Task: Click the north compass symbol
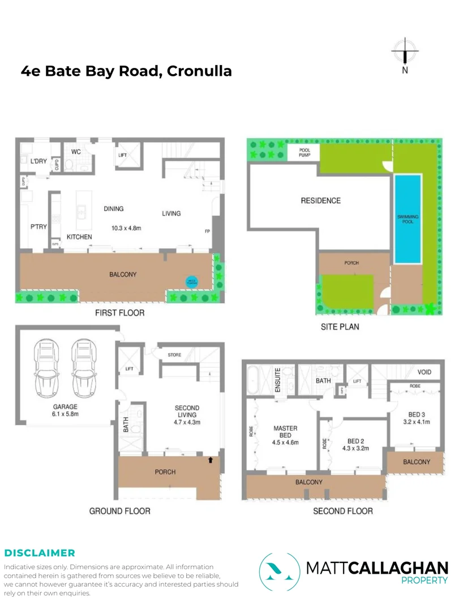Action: click(405, 53)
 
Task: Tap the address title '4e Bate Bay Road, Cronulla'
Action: click(126, 71)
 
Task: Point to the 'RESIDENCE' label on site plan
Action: click(320, 200)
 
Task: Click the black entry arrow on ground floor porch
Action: click(211, 460)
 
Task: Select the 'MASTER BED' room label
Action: click(285, 432)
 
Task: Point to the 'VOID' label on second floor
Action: click(424, 372)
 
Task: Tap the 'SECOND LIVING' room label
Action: click(187, 415)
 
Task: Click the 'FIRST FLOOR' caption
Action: click(119, 313)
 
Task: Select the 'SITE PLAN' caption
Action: click(340, 326)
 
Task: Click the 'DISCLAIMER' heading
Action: click(39, 553)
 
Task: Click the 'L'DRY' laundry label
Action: click(38, 161)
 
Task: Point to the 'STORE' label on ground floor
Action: click(174, 355)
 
